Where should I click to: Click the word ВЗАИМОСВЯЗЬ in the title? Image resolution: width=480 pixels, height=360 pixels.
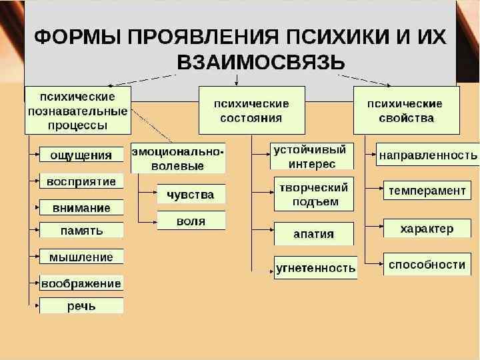coord(261,63)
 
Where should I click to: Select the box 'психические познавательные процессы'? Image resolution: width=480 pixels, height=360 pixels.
coord(77,109)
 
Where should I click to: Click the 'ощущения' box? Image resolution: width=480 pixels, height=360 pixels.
coord(81,155)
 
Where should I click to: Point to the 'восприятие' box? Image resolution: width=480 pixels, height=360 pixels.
coord(81,181)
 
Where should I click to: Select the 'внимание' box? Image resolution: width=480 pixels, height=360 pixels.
coord(81,207)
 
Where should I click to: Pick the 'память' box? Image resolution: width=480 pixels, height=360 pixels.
coord(81,231)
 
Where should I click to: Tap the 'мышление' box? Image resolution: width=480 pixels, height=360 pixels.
coord(81,257)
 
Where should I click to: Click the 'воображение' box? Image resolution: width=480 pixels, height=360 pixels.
coord(81,283)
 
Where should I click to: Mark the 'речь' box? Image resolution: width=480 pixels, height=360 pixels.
coord(81,306)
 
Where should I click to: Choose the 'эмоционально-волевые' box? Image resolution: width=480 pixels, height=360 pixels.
coord(177,159)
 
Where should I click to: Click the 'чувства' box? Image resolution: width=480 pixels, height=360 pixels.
coord(191,194)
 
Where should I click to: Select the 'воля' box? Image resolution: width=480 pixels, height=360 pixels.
coord(191,221)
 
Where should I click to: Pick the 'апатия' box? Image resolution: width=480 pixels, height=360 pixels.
coord(313,233)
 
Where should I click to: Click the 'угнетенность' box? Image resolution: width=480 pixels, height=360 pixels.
coord(315,267)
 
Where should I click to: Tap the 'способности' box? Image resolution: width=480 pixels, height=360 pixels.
coord(427,264)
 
